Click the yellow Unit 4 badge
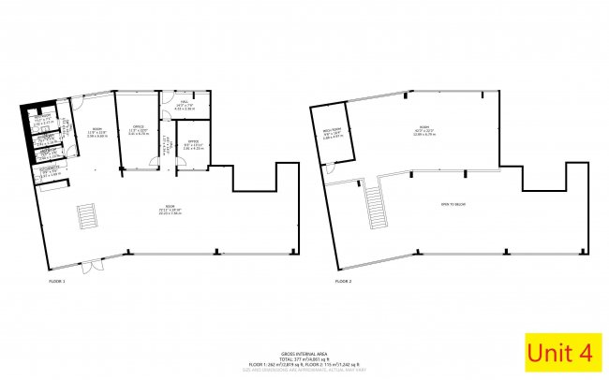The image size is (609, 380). click(560, 352)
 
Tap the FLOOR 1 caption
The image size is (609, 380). click(57, 280)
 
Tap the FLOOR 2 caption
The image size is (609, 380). click(345, 280)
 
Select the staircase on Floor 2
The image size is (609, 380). click(377, 200)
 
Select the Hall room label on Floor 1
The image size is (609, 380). click(185, 106)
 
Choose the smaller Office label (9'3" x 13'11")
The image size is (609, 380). click(193, 146)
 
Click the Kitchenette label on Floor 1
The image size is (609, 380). click(50, 172)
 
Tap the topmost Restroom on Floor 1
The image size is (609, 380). click(42, 120)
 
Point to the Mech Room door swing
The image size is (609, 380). click(330, 168)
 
